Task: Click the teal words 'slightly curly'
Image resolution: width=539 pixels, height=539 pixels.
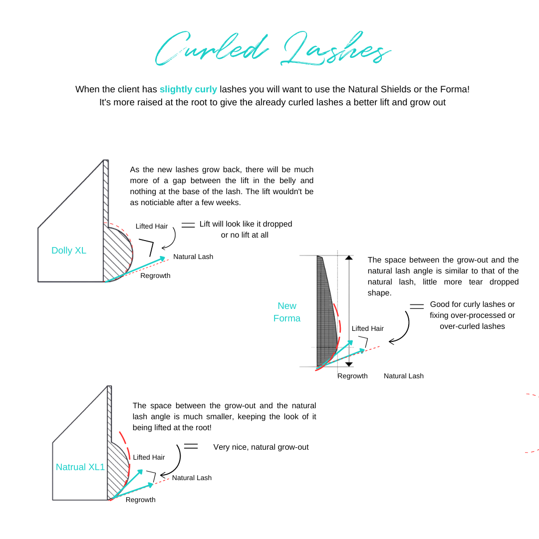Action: tap(188, 89)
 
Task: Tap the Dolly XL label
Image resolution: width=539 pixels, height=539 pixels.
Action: tap(69, 251)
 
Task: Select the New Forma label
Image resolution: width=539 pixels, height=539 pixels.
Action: tap(287, 312)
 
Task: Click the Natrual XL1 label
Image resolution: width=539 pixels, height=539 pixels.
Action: tap(80, 467)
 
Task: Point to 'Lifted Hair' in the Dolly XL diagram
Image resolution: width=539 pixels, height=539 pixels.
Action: tap(152, 226)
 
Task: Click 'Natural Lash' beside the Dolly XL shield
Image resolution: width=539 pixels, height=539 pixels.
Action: tap(193, 257)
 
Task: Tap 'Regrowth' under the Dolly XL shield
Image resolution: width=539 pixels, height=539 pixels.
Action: tap(155, 275)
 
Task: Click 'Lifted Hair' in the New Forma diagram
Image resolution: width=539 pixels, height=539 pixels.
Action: tap(368, 328)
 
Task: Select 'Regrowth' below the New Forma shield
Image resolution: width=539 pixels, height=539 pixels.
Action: tap(352, 376)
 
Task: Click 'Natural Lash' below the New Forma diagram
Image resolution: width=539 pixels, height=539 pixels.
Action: tap(403, 376)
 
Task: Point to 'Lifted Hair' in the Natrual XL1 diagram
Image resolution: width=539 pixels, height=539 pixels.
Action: tap(149, 457)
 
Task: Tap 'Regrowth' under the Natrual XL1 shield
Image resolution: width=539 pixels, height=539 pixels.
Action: tap(140, 500)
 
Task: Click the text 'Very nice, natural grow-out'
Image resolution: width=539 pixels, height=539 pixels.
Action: tap(261, 447)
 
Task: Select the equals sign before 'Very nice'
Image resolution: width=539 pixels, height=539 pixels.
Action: tap(191, 446)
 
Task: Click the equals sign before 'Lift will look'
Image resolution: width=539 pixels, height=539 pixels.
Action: tap(188, 225)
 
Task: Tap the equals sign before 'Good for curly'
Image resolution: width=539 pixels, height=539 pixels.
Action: tap(417, 306)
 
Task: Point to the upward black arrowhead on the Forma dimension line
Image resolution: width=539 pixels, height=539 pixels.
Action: tap(349, 258)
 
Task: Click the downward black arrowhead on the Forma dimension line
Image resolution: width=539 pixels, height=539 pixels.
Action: tap(349, 364)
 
